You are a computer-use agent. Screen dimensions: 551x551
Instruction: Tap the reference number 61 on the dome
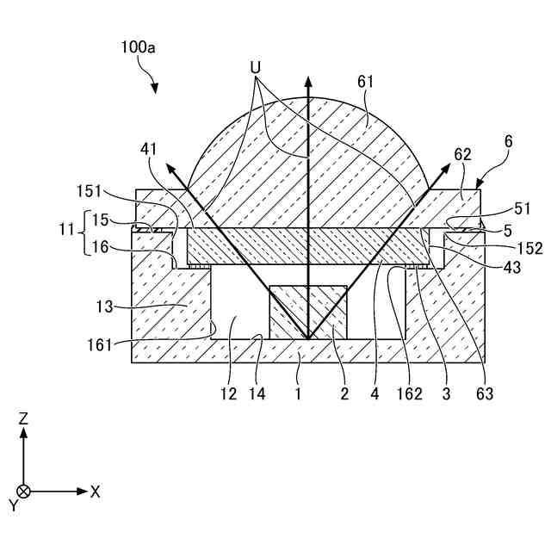point(366,82)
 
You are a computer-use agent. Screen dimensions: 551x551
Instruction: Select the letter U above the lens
point(255,65)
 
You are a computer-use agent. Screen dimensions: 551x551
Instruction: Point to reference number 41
point(150,149)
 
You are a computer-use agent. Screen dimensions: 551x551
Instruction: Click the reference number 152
point(530,248)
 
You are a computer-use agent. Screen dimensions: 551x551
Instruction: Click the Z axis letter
point(24,418)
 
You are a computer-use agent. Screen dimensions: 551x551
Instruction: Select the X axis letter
point(95,492)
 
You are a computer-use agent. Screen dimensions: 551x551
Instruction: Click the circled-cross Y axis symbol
point(24,492)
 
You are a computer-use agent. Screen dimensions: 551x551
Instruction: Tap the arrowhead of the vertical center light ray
point(307,80)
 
